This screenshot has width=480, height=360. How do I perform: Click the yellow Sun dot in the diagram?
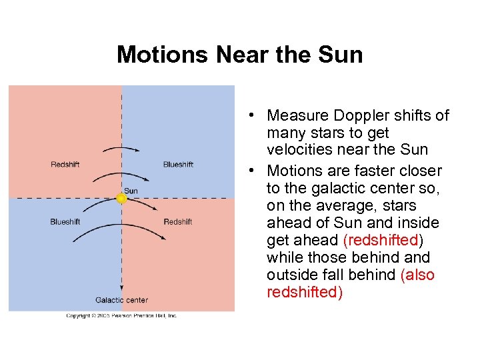pyautogui.click(x=121, y=198)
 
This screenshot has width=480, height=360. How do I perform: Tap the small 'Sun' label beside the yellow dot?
pyautogui.click(x=131, y=191)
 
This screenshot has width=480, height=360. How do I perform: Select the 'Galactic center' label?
pyautogui.click(x=121, y=300)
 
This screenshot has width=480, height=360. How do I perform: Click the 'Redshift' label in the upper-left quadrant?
pyautogui.click(x=65, y=164)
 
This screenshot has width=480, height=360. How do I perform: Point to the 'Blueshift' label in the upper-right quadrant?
pyautogui.click(x=178, y=164)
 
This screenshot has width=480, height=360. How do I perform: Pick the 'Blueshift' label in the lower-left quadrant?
pyautogui.click(x=65, y=222)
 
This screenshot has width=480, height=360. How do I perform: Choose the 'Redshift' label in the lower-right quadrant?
pyautogui.click(x=178, y=222)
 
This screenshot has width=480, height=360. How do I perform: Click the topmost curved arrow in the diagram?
pyautogui.click(x=121, y=147)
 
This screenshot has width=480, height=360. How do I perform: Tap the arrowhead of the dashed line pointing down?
pyautogui.click(x=121, y=288)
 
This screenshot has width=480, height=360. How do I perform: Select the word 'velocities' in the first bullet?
pyautogui.click(x=297, y=149)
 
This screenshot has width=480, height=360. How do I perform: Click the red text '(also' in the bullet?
pyautogui.click(x=418, y=275)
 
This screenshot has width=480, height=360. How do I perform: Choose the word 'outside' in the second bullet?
pyautogui.click(x=292, y=275)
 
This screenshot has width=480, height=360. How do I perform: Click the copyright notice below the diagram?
pyautogui.click(x=121, y=315)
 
